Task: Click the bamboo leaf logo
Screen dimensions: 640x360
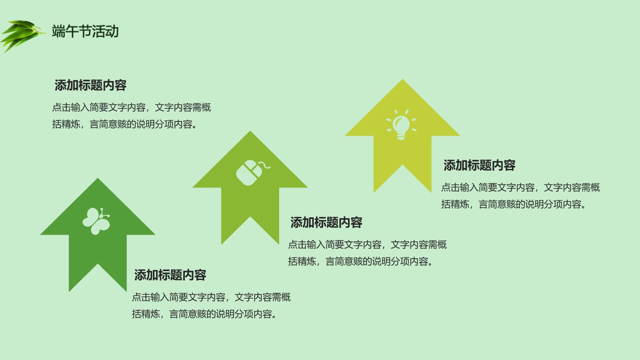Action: click(x=22, y=36)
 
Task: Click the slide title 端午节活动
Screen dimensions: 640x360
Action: click(x=85, y=31)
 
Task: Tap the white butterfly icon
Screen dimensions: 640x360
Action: click(x=96, y=221)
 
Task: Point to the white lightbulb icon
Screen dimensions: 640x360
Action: click(x=401, y=124)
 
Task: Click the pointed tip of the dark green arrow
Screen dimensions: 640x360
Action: click(x=98, y=178)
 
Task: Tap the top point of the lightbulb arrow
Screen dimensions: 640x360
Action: click(x=403, y=79)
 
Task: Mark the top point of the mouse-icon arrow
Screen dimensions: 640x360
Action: click(x=250, y=131)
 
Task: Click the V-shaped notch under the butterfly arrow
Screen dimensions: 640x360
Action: click(x=98, y=264)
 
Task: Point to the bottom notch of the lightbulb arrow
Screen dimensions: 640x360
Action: click(x=403, y=165)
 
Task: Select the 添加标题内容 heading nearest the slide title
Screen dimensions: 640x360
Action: click(x=90, y=85)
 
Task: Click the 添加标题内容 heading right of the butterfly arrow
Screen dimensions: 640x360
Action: click(x=170, y=275)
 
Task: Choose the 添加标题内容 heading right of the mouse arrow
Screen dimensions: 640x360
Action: click(x=326, y=223)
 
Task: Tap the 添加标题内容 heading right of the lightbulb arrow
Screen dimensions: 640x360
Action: click(x=480, y=165)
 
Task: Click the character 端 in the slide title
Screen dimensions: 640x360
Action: click(x=58, y=31)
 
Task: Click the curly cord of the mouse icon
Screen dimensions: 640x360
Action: click(x=264, y=165)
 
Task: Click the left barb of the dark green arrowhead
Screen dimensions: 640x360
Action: click(x=41, y=235)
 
